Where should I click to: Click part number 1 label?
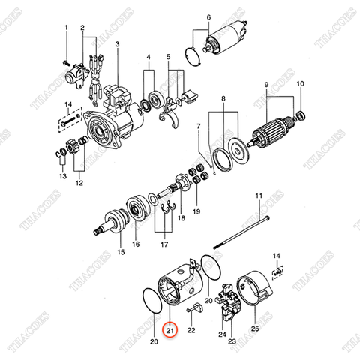pyautogui.click(x=67, y=28)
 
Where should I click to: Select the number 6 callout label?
pyautogui.click(x=208, y=16)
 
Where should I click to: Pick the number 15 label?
pyautogui.click(x=120, y=253)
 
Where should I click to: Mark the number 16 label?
pyautogui.click(x=136, y=244)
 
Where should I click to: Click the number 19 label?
pyautogui.click(x=197, y=212)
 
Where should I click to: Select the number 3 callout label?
pyautogui.click(x=118, y=44)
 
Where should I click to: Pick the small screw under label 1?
pyautogui.click(x=66, y=59)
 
